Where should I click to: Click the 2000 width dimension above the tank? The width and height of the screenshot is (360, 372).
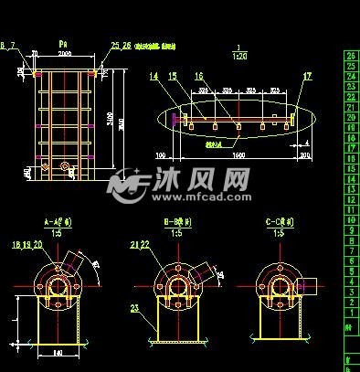click(62, 54)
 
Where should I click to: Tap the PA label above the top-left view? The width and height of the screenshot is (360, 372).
click(62, 43)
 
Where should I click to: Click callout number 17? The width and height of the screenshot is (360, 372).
click(307, 77)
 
